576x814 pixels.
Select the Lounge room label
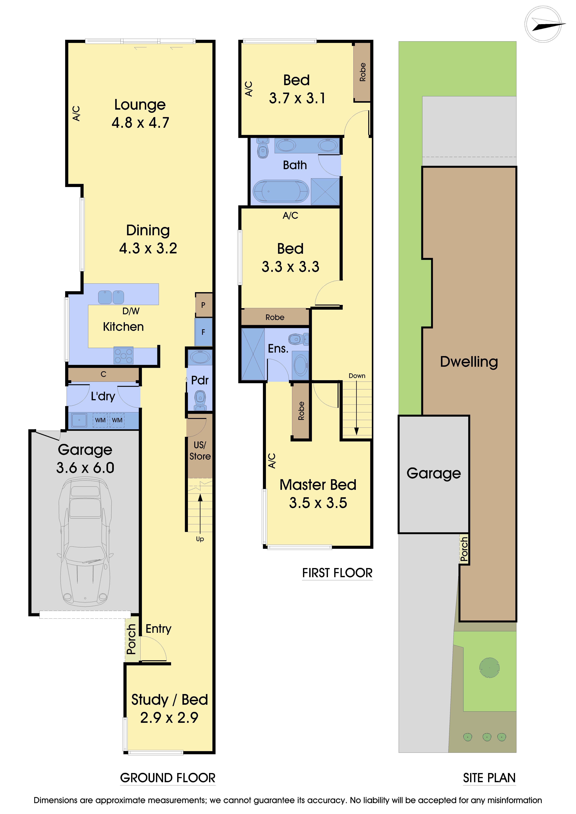140,105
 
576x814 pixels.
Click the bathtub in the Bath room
281,191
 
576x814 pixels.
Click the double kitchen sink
111,297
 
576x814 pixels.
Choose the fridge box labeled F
203,332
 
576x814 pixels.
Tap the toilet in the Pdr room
200,400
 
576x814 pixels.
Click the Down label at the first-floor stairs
357,376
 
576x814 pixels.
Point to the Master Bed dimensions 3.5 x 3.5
318,503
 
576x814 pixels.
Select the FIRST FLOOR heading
337,573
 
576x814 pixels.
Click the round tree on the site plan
489,668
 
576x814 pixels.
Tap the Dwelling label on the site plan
469,362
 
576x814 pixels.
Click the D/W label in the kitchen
131,311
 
